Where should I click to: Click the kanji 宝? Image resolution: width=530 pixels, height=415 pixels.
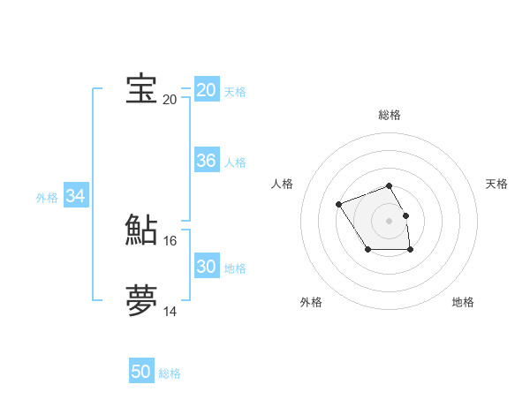coord(141,89)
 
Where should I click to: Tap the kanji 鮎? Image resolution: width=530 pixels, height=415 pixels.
coord(141,230)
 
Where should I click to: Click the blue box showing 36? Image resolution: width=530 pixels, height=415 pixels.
coord(207,161)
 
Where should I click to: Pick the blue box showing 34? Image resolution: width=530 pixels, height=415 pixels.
coord(76,196)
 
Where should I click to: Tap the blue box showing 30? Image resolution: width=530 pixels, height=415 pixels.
coord(207,267)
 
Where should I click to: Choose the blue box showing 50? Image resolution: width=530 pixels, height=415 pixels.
coord(141,372)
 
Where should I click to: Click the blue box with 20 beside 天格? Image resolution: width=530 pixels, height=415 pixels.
coord(207,90)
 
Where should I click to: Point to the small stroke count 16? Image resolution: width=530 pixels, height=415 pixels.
coord(170,240)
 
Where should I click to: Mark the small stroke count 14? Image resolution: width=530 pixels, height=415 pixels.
coord(170,311)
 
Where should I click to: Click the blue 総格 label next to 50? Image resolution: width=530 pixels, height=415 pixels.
coord(170,373)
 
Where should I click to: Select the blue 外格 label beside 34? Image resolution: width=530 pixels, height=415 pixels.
coord(47,198)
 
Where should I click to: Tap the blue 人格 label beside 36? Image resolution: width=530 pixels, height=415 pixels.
coord(235,162)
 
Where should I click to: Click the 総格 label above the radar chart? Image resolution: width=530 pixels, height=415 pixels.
coord(390,115)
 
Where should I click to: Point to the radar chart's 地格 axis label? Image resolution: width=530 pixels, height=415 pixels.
coord(463,302)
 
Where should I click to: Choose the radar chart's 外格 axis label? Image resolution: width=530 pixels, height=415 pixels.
coord(311,302)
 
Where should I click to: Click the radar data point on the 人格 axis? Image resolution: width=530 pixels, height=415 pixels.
coord(339,205)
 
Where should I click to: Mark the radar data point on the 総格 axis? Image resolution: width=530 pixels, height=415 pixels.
coord(390,185)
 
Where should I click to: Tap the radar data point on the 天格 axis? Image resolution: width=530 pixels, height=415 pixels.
coord(406,215)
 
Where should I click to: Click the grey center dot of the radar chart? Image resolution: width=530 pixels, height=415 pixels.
coord(390,220)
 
